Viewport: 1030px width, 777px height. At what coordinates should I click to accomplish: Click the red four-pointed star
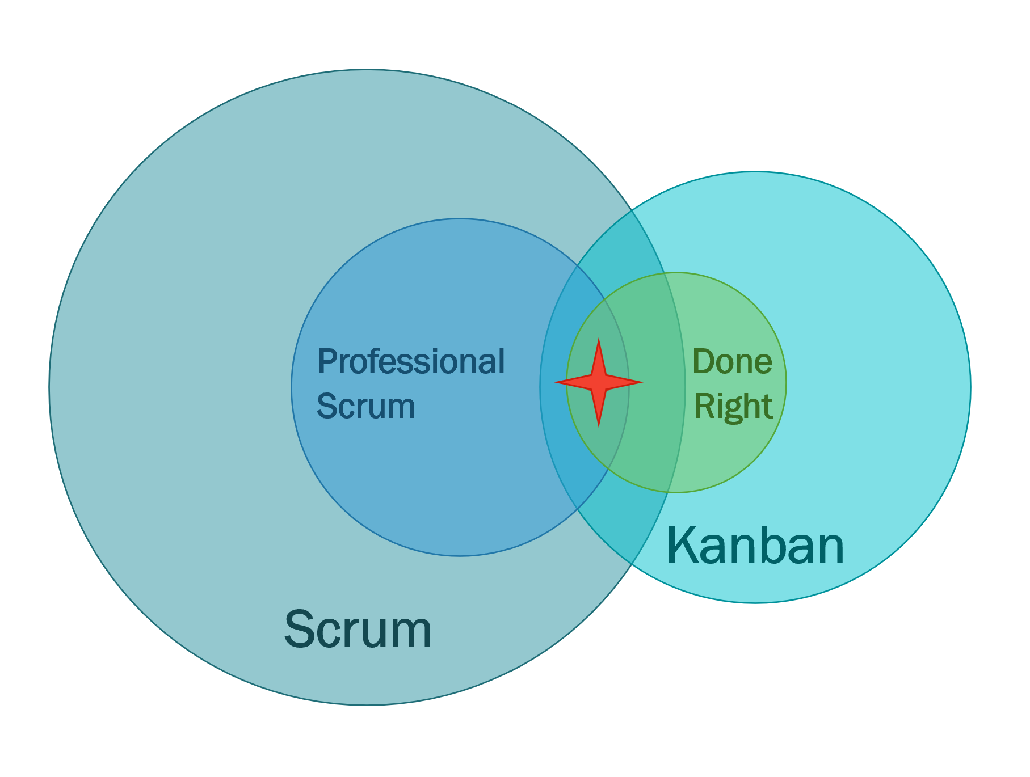point(599,382)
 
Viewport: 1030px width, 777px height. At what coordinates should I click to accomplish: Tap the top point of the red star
point(599,341)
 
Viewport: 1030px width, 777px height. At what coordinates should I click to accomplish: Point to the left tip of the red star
point(557,382)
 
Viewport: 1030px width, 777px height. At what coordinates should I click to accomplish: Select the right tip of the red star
point(641,382)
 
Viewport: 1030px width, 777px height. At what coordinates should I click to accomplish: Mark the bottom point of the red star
point(599,424)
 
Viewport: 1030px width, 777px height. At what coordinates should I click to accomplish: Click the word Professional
point(411,362)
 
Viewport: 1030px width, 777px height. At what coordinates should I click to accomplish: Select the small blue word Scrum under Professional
point(366,406)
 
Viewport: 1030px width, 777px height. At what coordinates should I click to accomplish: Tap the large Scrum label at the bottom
point(358,630)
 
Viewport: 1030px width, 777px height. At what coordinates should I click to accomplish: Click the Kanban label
point(755,546)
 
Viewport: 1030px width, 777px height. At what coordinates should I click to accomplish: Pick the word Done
point(732,362)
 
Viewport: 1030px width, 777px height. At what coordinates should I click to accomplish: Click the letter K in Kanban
point(681,546)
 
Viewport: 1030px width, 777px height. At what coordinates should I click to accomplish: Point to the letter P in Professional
point(326,362)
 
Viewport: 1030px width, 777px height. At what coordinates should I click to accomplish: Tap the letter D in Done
point(703,362)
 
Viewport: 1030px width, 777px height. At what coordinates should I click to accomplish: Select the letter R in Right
point(704,406)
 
